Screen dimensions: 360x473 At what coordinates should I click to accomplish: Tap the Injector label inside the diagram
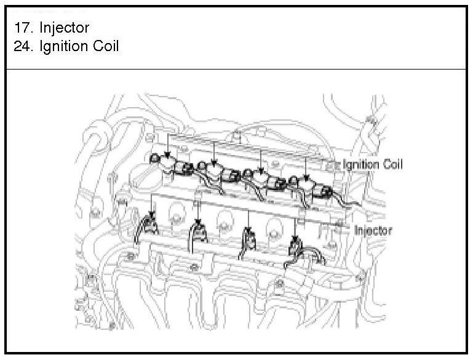click(373, 230)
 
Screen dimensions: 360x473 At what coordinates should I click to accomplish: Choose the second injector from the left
click(198, 231)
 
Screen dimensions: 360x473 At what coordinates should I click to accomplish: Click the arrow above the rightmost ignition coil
click(306, 166)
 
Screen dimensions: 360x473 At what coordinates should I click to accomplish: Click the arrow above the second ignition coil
click(213, 151)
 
